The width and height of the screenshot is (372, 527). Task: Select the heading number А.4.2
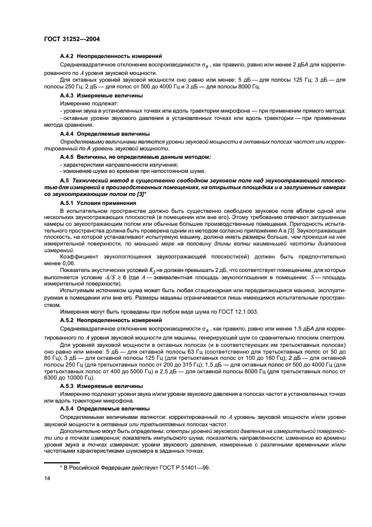68,57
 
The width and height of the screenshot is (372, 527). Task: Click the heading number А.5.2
68,320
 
